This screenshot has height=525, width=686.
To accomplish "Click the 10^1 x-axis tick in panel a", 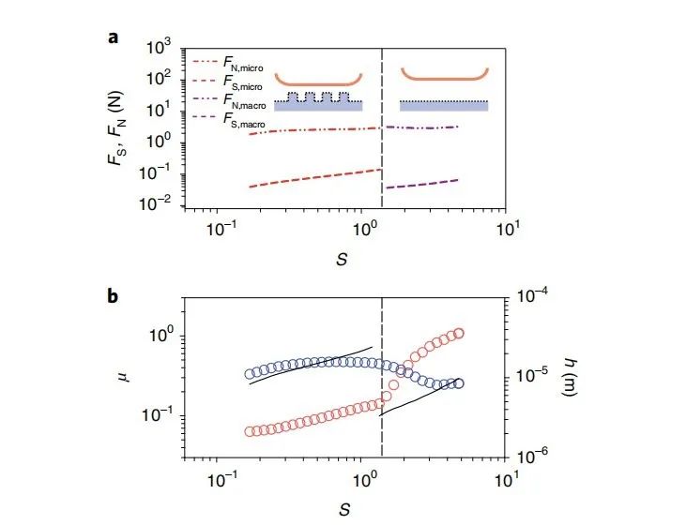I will pyautogui.click(x=508, y=226).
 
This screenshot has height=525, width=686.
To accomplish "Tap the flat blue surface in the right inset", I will pyautogui.click(x=443, y=106).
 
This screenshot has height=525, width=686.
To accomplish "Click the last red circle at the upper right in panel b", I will pyautogui.click(x=459, y=333).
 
